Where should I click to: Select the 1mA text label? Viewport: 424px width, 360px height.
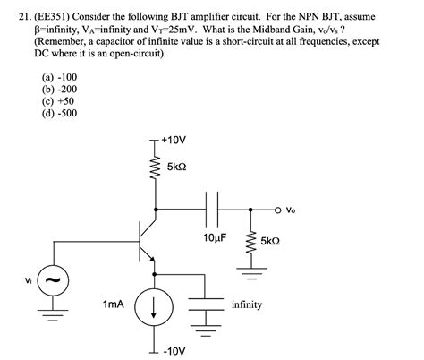[x=114, y=305]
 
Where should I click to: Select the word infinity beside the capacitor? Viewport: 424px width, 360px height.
[x=246, y=304]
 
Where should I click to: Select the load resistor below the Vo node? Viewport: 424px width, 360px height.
[x=253, y=241]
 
